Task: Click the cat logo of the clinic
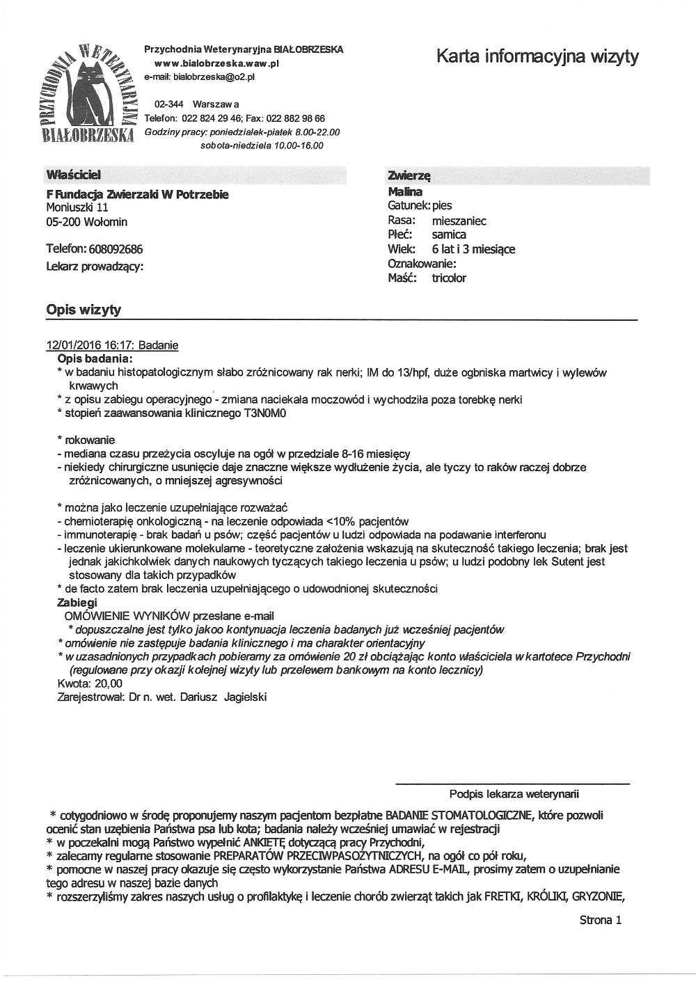tap(87, 90)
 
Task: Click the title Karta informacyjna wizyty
tap(537, 56)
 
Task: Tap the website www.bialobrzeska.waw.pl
tap(216, 63)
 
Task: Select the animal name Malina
tap(405, 191)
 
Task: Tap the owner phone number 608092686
tap(116, 249)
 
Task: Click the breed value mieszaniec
tap(459, 221)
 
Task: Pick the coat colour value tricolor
tap(449, 278)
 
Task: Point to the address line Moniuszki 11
tap(77, 207)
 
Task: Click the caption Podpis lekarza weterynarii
tap(514, 793)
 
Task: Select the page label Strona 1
tap(599, 920)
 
